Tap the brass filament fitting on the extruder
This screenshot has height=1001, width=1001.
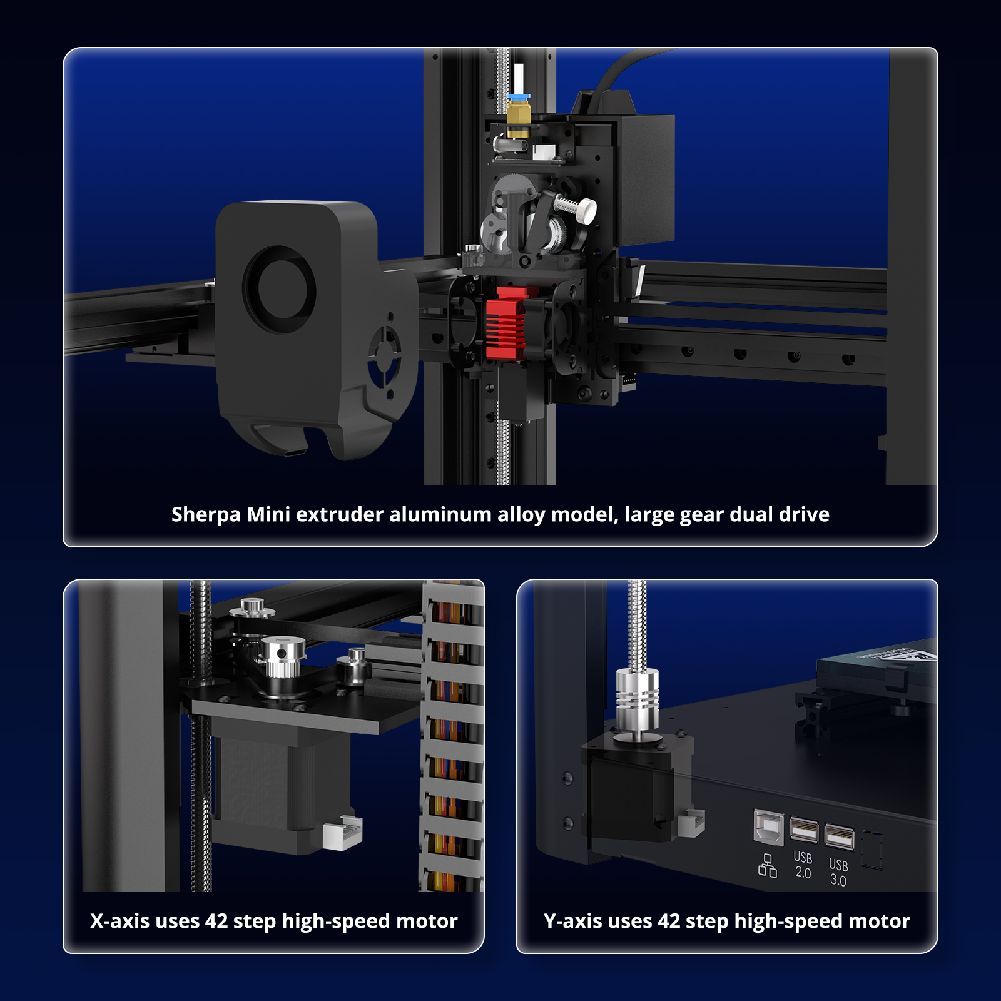click(x=518, y=119)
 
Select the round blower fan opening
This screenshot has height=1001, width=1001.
click(x=279, y=290)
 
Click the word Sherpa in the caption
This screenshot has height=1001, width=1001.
click(x=206, y=515)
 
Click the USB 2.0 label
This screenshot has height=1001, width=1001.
click(x=803, y=865)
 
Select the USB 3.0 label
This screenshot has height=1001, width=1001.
click(x=838, y=872)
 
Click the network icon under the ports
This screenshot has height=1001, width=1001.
click(x=768, y=866)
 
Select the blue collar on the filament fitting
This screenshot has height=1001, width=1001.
click(x=519, y=98)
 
